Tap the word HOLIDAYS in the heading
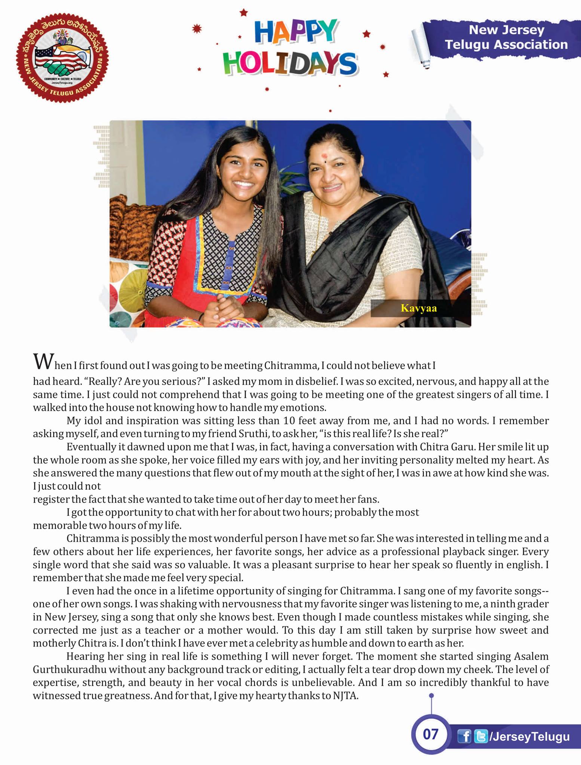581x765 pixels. (x=289, y=63)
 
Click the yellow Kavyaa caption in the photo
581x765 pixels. (x=418, y=308)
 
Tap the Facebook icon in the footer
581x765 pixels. (x=464, y=737)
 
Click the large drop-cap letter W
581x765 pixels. (x=41, y=361)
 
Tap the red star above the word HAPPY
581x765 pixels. (x=244, y=13)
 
